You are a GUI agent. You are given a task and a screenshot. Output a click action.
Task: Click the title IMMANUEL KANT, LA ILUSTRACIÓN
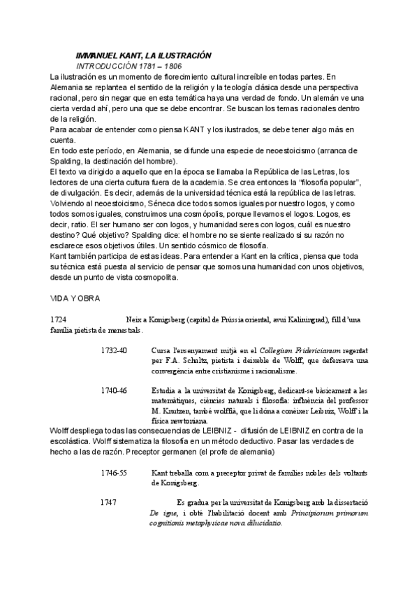tap(143, 55)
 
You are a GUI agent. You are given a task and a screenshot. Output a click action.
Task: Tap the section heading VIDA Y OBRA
tap(75, 299)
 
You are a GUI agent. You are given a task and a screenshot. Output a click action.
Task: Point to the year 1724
tap(58, 319)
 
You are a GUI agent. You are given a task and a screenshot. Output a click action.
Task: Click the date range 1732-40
tap(113, 350)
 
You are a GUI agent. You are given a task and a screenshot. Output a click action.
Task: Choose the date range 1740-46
tap(113, 390)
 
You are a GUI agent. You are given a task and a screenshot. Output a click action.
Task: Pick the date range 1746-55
tap(113, 473)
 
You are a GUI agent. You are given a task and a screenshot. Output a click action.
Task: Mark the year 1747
tap(108, 503)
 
